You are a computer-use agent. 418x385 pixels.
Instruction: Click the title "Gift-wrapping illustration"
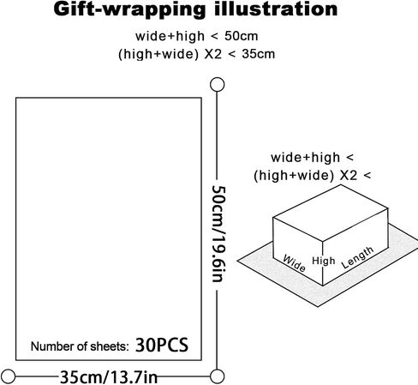(x=195, y=9)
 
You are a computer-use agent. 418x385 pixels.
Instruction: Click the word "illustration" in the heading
(x=276, y=9)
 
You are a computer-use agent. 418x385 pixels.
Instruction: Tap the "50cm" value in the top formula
(x=242, y=36)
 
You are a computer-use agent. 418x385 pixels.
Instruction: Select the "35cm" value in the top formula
(x=259, y=54)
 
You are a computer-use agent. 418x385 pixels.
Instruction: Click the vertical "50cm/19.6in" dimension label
(x=219, y=233)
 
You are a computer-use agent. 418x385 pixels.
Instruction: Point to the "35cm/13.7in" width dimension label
(x=109, y=376)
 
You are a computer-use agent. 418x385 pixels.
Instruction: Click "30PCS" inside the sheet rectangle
(x=162, y=345)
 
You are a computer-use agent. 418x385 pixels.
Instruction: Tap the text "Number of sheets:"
(x=80, y=346)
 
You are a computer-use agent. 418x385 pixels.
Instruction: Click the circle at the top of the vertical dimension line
(x=217, y=85)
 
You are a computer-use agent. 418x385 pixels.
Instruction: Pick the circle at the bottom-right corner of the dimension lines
(x=217, y=376)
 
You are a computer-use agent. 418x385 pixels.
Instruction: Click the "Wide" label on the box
(x=294, y=263)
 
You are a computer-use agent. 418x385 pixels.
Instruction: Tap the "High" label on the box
(x=324, y=261)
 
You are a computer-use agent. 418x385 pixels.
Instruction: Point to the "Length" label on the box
(x=357, y=257)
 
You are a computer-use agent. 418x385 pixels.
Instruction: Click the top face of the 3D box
(x=331, y=213)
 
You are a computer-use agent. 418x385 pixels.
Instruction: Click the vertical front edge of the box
(x=323, y=263)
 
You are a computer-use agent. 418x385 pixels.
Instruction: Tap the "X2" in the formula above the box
(x=349, y=175)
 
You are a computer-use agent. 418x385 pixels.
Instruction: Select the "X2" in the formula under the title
(x=212, y=54)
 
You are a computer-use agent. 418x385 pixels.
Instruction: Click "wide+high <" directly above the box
(x=312, y=158)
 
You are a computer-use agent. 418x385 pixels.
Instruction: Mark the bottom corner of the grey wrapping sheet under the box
(x=318, y=307)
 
